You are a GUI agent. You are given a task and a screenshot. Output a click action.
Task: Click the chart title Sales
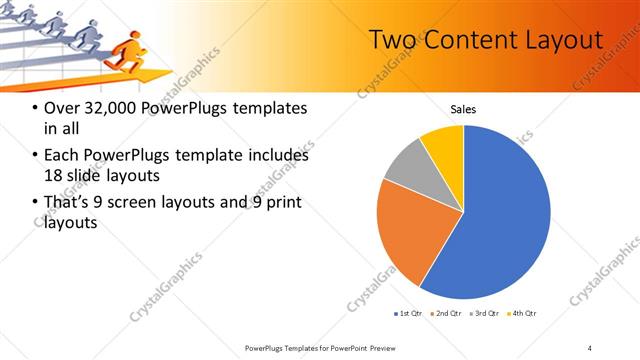pyautogui.click(x=463, y=109)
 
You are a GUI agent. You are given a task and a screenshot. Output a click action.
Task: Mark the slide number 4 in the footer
pyautogui.click(x=589, y=347)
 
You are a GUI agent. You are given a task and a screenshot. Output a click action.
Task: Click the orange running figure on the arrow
pyautogui.click(x=123, y=52)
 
